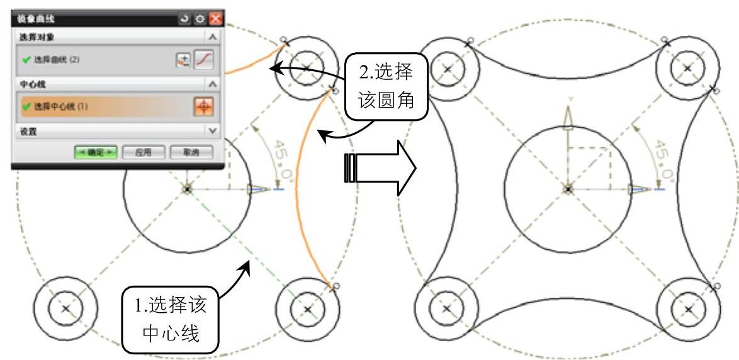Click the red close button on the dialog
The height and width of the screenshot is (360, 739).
[216, 20]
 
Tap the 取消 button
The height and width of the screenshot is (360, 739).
[191, 152]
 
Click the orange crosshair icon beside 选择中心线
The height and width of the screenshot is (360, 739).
[204, 106]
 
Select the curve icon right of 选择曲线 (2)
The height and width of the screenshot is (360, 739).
[205, 60]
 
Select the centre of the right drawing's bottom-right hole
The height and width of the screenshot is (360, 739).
[688, 309]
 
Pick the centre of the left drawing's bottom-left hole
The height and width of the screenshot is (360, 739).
[65, 308]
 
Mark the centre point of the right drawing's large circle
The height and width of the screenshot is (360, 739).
[568, 188]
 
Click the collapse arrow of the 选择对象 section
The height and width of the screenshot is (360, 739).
[213, 37]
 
